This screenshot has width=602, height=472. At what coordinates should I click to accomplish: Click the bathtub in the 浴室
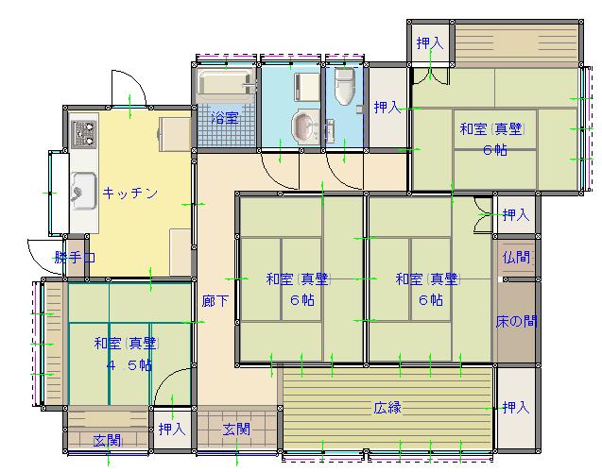226,83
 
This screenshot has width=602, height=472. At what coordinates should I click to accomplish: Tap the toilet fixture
344,87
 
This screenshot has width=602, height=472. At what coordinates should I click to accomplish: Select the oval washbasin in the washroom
305,126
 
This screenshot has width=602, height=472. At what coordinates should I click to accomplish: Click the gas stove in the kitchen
84,134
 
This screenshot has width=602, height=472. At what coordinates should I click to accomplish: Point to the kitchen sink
84,191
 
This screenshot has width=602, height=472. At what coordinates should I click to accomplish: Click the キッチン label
130,193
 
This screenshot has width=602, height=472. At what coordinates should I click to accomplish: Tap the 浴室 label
225,118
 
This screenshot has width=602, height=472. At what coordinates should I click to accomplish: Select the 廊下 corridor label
215,300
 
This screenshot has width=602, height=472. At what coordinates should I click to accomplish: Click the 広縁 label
387,407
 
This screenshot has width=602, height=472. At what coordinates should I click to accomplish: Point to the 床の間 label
516,321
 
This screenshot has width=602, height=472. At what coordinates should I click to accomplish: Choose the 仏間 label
516,257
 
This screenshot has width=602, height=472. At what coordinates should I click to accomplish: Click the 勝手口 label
75,257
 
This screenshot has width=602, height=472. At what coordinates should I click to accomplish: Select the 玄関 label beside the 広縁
236,430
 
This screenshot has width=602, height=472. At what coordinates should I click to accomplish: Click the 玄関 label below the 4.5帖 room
107,441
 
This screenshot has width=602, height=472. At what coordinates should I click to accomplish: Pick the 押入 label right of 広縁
516,407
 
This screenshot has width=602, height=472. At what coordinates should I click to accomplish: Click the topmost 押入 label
430,42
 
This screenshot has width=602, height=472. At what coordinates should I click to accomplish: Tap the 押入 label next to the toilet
387,107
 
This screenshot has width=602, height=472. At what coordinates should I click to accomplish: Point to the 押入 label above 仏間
516,214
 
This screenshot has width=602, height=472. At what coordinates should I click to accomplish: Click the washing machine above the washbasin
306,87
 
